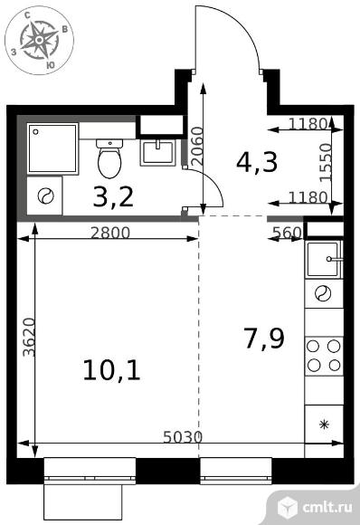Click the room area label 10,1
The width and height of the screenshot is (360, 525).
(x=112, y=369)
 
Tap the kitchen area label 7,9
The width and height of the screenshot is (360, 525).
(x=264, y=339)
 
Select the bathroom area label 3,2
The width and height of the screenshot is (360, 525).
(x=113, y=196)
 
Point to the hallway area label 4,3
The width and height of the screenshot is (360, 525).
(x=257, y=162)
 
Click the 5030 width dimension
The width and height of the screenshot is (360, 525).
(x=183, y=437)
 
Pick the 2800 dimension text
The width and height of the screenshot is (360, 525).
(x=110, y=233)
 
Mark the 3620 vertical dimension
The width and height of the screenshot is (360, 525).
(x=30, y=337)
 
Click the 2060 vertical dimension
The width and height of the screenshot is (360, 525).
(x=198, y=146)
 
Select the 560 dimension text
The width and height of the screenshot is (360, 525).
(x=288, y=233)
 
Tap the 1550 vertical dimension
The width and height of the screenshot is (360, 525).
(x=326, y=163)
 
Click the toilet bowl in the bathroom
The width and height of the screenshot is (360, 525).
(x=109, y=158)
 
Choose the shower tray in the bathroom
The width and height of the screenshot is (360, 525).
(x=52, y=148)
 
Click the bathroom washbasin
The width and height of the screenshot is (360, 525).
(x=157, y=153)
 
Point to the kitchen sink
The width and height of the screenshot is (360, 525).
(x=324, y=259)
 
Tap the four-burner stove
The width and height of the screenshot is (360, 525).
(x=324, y=357)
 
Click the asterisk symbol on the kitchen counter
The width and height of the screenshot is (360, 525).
(x=324, y=425)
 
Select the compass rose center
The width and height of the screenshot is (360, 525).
(x=40, y=40)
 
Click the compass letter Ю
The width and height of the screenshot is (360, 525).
(x=50, y=65)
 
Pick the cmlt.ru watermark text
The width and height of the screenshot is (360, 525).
(x=327, y=507)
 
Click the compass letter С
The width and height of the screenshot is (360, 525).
(x=28, y=14)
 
